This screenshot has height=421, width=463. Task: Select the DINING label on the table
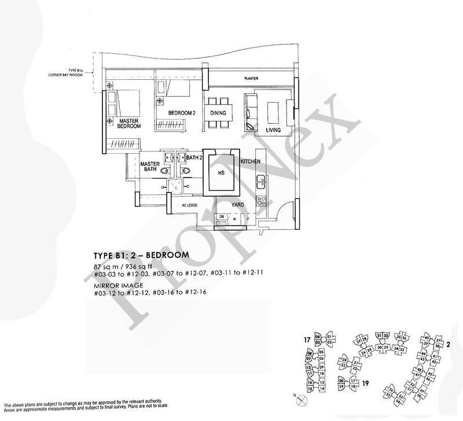click(218, 113)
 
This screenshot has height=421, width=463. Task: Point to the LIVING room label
click(273, 130)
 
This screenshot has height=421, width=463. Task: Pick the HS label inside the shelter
click(221, 172)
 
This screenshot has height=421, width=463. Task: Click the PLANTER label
click(251, 79)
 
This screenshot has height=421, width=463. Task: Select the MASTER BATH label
click(150, 167)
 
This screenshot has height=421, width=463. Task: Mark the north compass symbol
click(298, 398)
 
